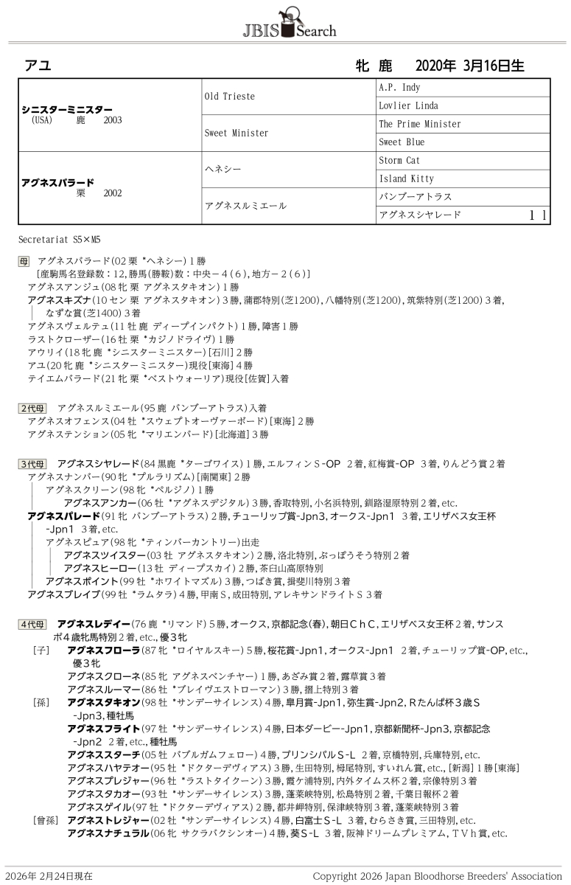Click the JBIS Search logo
[289, 22]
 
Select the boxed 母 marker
[24, 261]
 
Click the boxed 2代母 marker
[33, 407]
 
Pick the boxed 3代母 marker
[33, 464]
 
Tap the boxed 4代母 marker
[33, 624]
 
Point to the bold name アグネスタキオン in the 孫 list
[103, 702]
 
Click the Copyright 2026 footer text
[437, 876]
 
